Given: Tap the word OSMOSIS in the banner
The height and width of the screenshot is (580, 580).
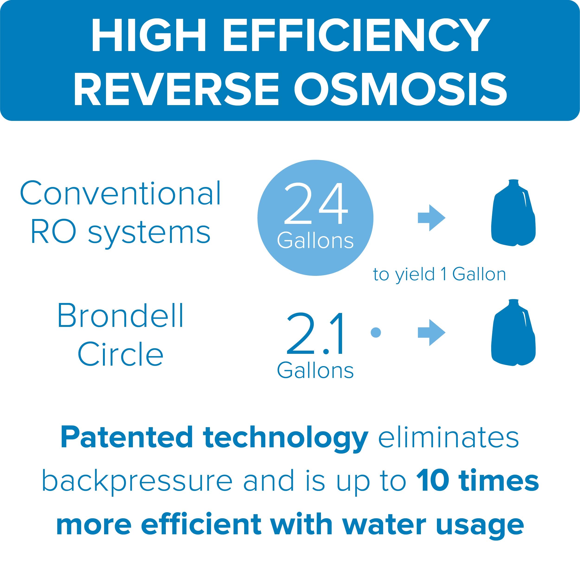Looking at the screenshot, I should tap(401, 89).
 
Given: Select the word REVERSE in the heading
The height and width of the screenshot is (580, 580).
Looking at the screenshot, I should tap(176, 89).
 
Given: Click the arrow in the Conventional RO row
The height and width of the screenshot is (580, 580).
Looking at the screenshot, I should tap(431, 218).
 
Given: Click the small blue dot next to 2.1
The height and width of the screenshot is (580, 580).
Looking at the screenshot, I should tap(376, 332).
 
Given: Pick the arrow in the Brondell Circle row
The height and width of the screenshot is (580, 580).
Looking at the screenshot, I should tap(431, 332).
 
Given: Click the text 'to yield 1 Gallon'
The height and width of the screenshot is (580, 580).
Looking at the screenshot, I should tap(439, 274).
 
